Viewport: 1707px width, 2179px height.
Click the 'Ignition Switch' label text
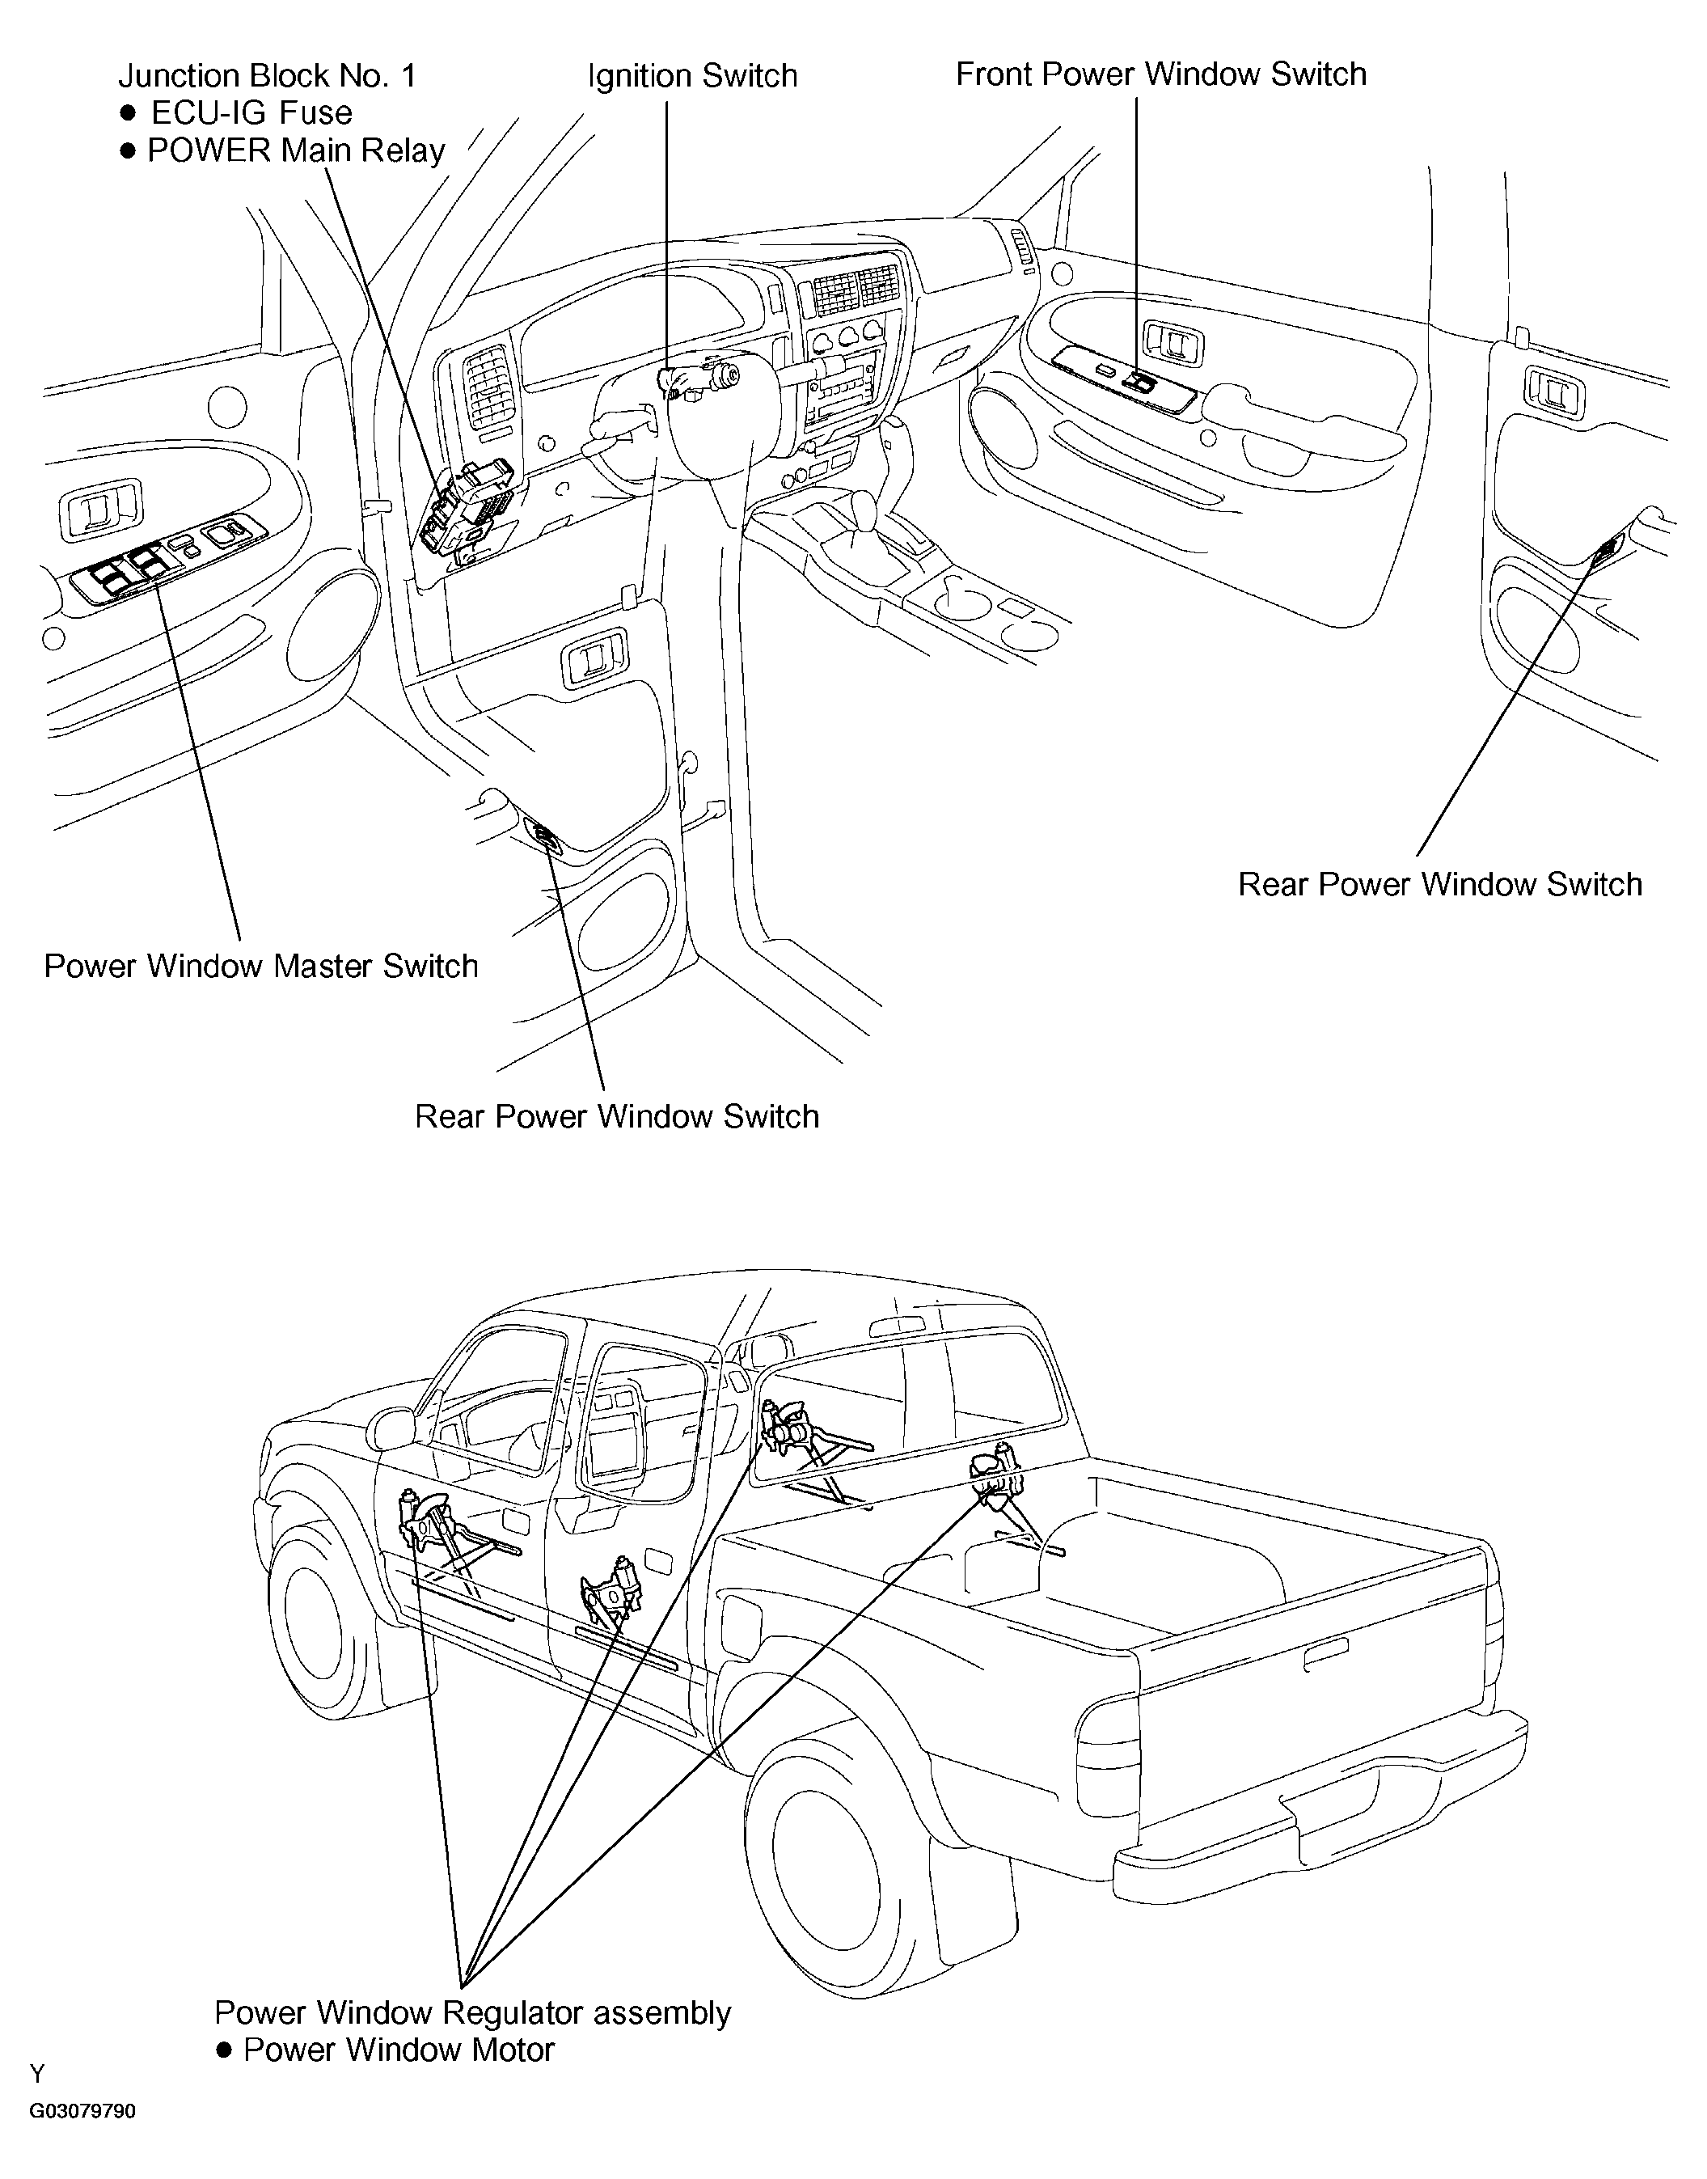(x=693, y=76)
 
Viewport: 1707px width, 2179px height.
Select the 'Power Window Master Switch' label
(x=261, y=966)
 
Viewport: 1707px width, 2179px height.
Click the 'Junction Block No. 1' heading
(x=267, y=76)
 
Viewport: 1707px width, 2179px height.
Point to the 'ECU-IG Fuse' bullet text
(x=251, y=113)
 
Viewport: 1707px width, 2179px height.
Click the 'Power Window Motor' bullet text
(x=398, y=2049)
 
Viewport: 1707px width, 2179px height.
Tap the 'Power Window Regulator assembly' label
(x=473, y=2011)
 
